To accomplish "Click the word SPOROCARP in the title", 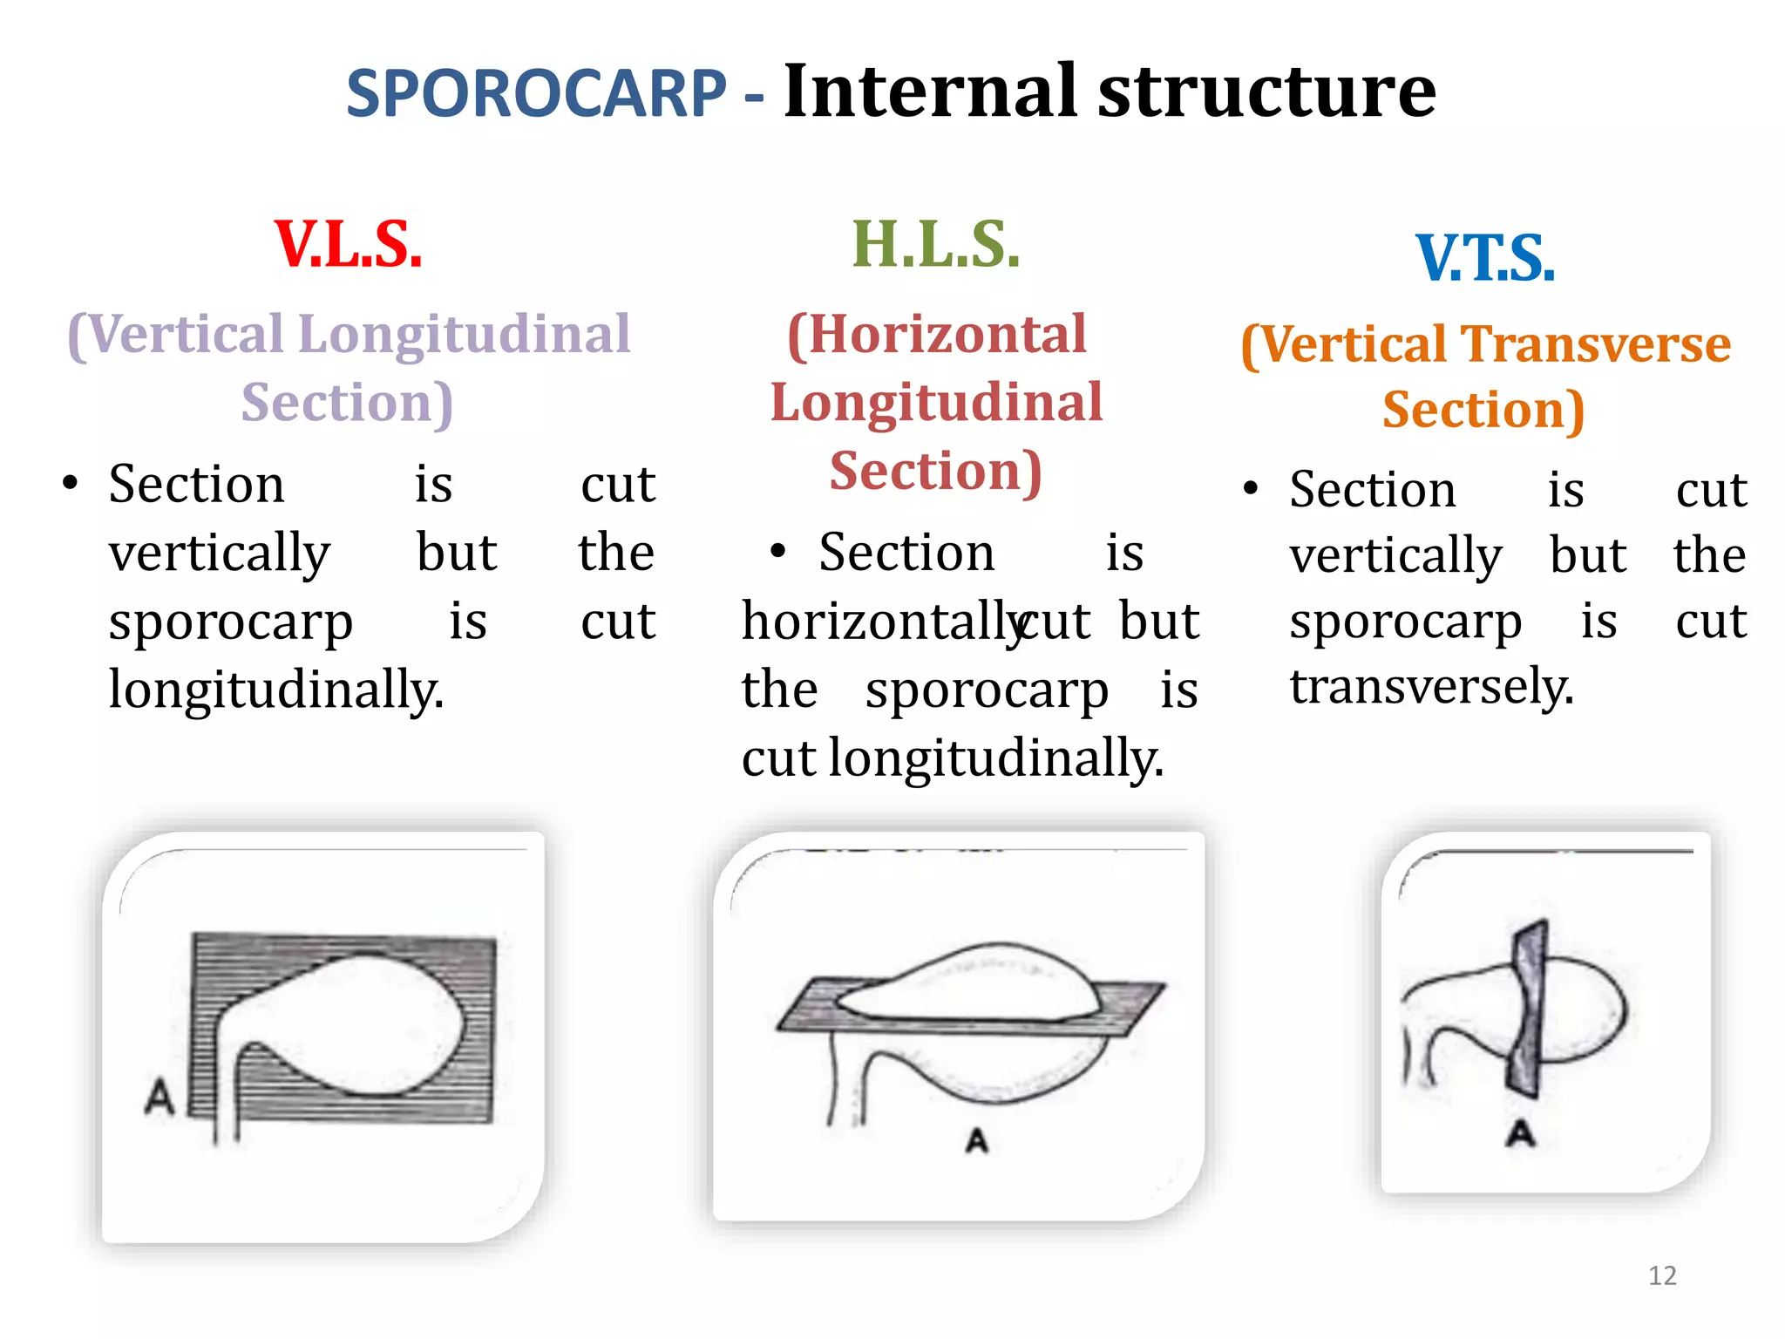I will point(536,93).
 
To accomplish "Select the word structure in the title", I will point(1266,93).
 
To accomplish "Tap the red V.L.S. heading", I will point(349,245).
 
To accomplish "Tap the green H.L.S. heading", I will point(935,245).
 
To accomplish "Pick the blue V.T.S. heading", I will point(1485,259).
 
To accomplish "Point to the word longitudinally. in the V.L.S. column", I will point(276,690).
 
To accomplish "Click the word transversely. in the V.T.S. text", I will point(1431,686).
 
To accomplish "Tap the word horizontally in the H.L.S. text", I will point(880,622).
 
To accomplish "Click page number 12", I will point(1661,1275).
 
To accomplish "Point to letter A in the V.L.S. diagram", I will point(159,1098).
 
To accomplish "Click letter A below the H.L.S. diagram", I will point(977,1140).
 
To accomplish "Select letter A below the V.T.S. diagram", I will point(1521,1133).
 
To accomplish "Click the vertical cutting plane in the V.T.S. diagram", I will point(1526,1007).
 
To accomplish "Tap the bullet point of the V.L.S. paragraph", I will point(70,484).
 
